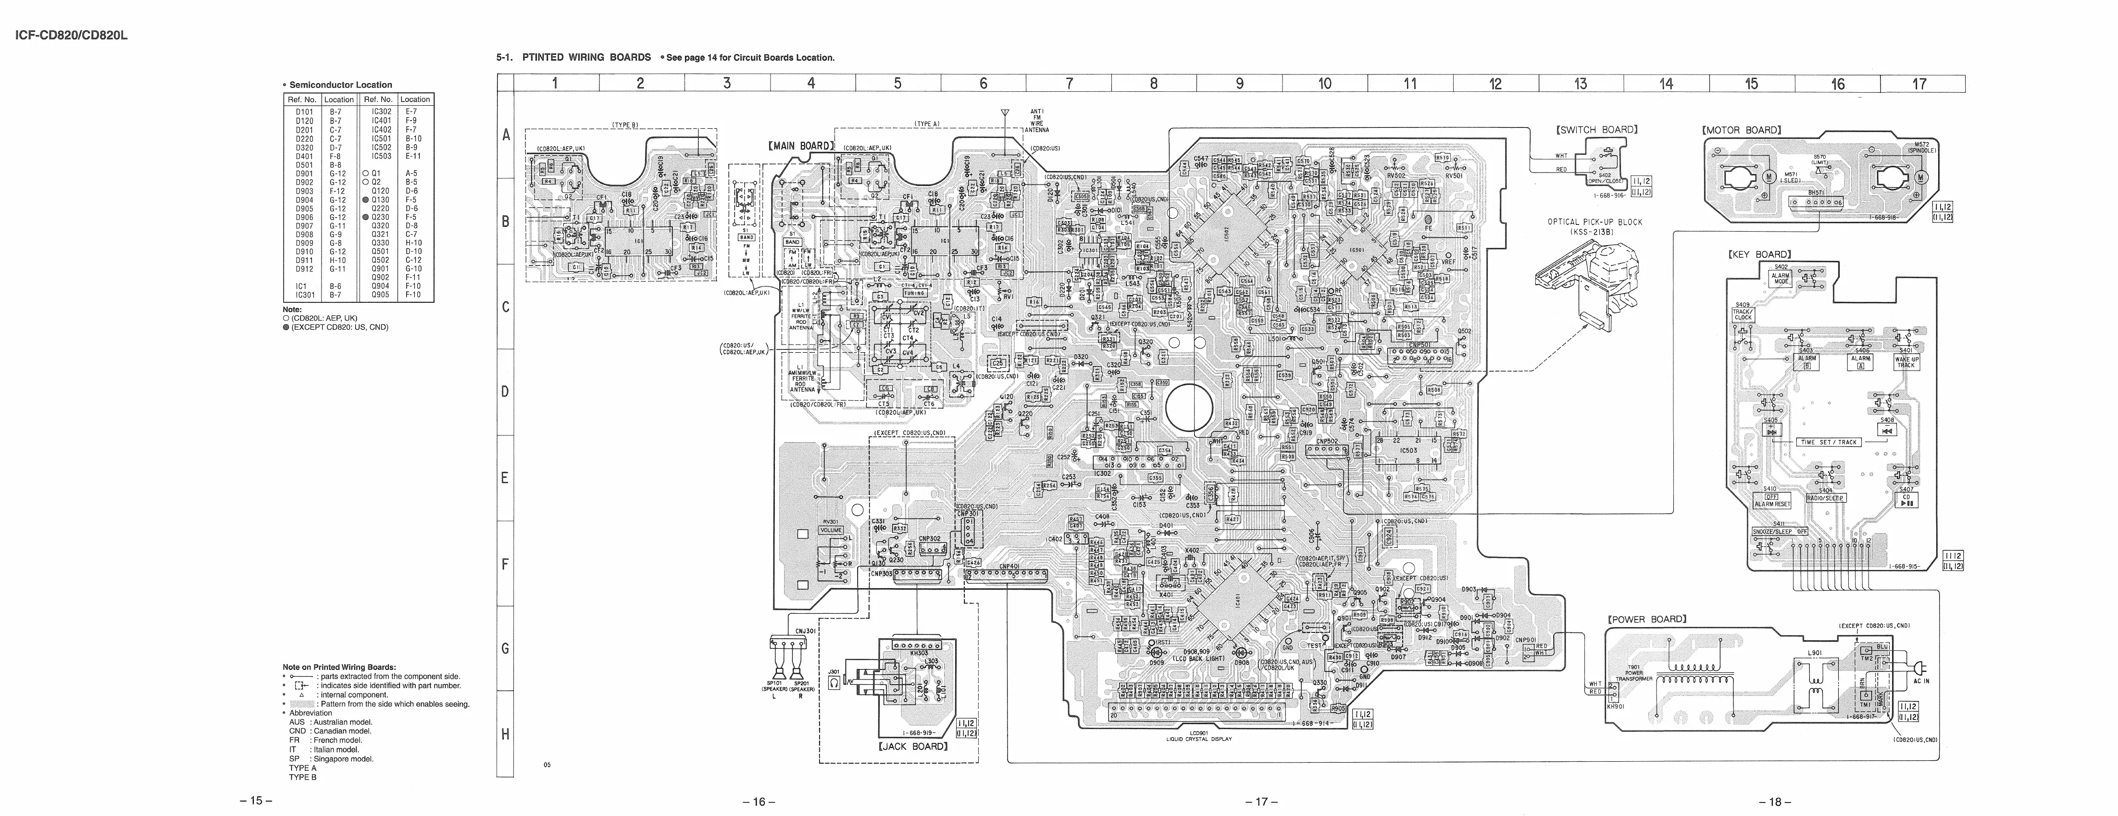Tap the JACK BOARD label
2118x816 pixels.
pos(913,746)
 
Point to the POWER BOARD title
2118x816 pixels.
pos(1647,619)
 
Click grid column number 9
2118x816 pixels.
pos(1240,83)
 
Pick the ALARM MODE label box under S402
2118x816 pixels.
pos(1781,278)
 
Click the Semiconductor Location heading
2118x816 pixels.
pos(339,85)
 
